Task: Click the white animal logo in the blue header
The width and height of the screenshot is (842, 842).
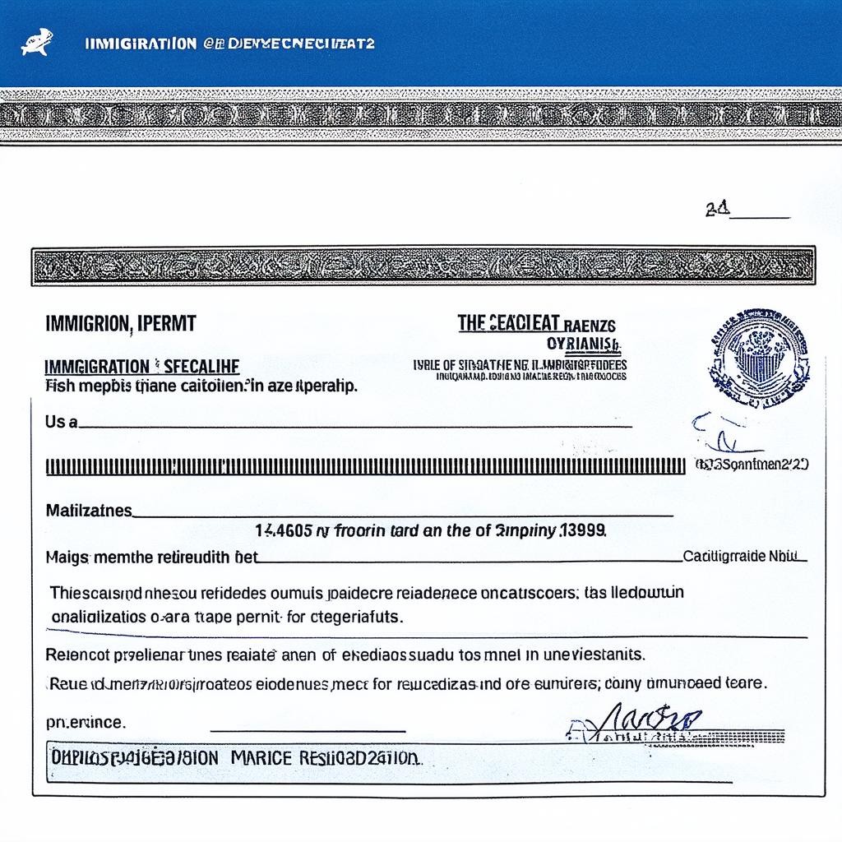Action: pyautogui.click(x=36, y=43)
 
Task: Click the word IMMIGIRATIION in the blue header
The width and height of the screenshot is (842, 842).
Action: pyautogui.click(x=141, y=44)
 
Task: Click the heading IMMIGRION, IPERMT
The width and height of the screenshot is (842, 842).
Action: pyautogui.click(x=120, y=323)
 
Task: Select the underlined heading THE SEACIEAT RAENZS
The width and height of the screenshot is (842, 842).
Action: pyautogui.click(x=536, y=323)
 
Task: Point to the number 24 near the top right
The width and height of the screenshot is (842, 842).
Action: pyautogui.click(x=716, y=210)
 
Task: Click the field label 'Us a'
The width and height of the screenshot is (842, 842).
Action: pyautogui.click(x=61, y=422)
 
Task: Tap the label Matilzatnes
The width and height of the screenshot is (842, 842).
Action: pyautogui.click(x=88, y=511)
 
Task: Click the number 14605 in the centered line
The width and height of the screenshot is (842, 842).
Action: pyautogui.click(x=283, y=531)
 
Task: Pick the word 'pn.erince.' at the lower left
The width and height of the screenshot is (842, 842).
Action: pyautogui.click(x=86, y=723)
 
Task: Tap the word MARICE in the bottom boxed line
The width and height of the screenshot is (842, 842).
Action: pyautogui.click(x=261, y=756)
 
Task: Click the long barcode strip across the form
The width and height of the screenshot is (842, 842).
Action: pyautogui.click(x=365, y=466)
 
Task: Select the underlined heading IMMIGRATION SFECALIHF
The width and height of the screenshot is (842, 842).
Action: pyautogui.click(x=141, y=366)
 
